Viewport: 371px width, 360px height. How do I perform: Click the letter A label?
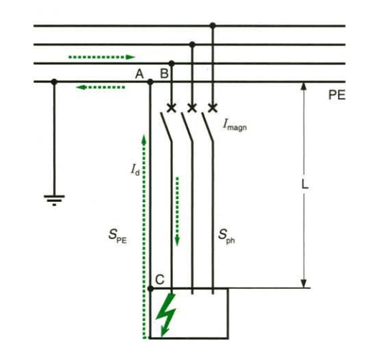pyautogui.click(x=139, y=74)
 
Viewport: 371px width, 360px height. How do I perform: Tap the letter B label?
pyautogui.click(x=164, y=73)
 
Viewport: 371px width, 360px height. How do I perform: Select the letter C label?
pyautogui.click(x=160, y=280)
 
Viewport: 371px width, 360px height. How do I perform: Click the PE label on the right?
pyautogui.click(x=337, y=95)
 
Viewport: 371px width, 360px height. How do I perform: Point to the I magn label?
pyautogui.click(x=235, y=125)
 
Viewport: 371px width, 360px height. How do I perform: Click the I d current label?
pyautogui.click(x=135, y=170)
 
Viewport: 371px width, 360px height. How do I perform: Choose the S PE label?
pyautogui.click(x=118, y=236)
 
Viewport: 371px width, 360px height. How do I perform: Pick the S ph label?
pyautogui.click(x=227, y=236)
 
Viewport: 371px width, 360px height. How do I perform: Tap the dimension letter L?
pyautogui.click(x=305, y=185)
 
